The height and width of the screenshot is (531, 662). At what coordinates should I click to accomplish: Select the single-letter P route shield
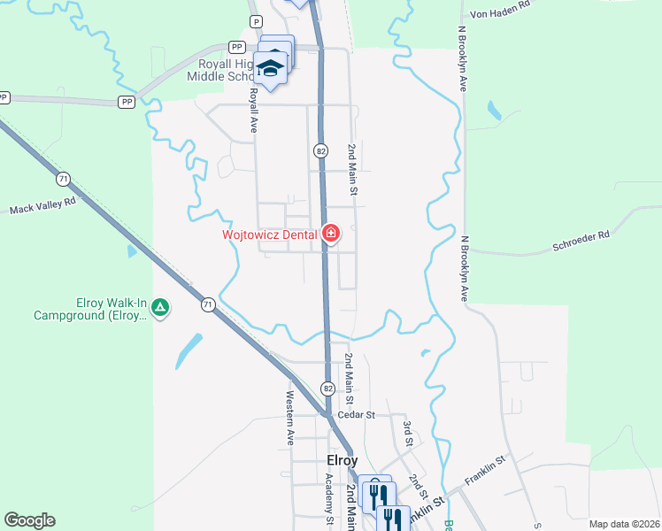coord(257,21)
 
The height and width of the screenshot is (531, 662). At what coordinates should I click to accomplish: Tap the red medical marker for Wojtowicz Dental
coord(331,234)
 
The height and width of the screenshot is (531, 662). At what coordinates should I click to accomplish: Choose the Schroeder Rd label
coord(580,236)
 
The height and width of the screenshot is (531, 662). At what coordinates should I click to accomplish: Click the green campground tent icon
coord(160,308)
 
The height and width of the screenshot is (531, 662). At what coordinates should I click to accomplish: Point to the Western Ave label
coord(289,419)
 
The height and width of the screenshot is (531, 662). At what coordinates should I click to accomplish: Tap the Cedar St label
coord(357,414)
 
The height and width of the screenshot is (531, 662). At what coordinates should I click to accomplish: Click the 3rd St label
coord(408,434)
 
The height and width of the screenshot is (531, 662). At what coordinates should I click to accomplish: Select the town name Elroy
coord(342,461)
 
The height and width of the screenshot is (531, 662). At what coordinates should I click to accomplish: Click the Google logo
coord(29,520)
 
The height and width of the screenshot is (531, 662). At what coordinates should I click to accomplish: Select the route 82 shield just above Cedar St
coord(327,388)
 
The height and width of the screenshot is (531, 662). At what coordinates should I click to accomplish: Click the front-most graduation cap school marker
coord(271,67)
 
